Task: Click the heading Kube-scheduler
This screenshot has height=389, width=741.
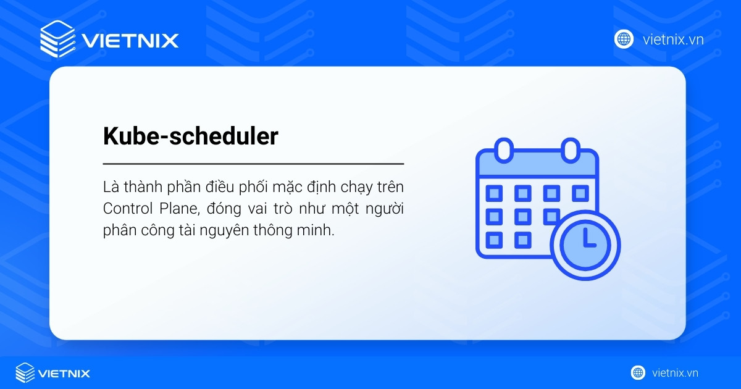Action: click(190, 137)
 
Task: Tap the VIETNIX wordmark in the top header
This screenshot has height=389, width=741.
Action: click(130, 41)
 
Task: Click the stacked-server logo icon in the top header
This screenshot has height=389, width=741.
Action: click(57, 39)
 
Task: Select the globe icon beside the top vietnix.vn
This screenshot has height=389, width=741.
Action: click(624, 39)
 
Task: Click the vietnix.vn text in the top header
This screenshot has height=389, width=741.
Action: click(673, 40)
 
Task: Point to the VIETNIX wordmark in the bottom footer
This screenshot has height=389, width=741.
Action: click(64, 373)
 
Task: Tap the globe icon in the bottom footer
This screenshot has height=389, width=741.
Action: click(638, 372)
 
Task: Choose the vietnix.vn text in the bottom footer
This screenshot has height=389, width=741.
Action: click(675, 373)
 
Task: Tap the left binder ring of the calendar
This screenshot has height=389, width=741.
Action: click(505, 150)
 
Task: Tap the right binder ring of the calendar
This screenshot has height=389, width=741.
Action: click(570, 150)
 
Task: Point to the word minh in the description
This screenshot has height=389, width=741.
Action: click(319, 230)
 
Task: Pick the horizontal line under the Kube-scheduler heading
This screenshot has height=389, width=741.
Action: click(253, 164)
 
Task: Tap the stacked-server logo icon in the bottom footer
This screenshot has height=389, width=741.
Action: click(25, 372)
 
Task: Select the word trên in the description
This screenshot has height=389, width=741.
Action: click(390, 186)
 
